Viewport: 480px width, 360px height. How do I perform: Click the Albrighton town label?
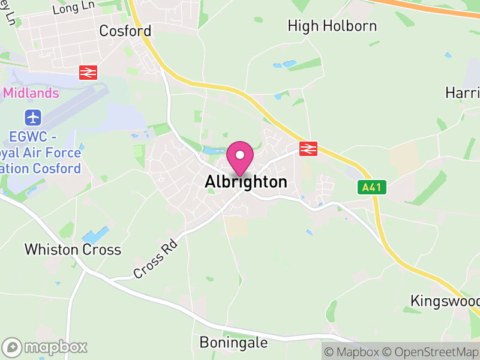(x=246, y=182)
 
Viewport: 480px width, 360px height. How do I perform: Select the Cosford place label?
(x=125, y=31)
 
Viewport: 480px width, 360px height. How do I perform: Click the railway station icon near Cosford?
(x=88, y=73)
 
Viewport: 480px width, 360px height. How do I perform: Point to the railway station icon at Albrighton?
(x=308, y=149)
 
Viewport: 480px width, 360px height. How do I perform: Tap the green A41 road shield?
(x=371, y=188)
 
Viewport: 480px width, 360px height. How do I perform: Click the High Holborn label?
(x=332, y=26)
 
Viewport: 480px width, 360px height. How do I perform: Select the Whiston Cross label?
(x=73, y=250)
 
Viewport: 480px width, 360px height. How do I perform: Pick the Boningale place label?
(x=233, y=342)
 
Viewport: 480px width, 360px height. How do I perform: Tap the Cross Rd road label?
(x=156, y=259)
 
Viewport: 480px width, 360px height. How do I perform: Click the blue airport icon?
(x=32, y=116)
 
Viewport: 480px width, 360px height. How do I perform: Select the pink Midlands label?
(x=31, y=93)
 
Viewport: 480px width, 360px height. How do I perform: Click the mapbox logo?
(x=46, y=347)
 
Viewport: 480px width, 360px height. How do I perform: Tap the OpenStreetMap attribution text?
(x=431, y=352)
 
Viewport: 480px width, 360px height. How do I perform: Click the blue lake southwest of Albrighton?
(x=95, y=235)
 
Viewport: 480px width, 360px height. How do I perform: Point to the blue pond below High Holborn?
(x=284, y=64)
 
